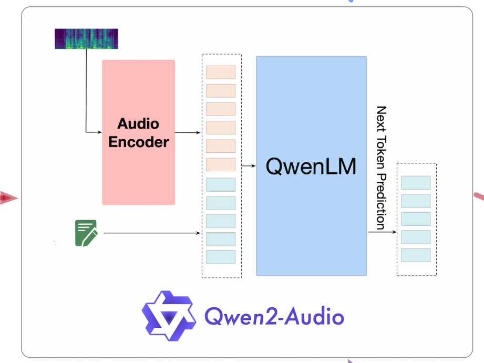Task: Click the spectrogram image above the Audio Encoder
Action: click(x=86, y=39)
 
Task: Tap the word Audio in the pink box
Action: click(x=138, y=125)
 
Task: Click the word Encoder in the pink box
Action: click(x=138, y=142)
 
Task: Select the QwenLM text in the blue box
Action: click(x=311, y=167)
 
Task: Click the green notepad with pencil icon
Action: click(x=86, y=233)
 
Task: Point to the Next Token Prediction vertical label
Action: click(x=381, y=167)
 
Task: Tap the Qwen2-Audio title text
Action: click(x=274, y=316)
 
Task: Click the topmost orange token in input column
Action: click(x=221, y=72)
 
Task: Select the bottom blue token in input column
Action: click(x=221, y=257)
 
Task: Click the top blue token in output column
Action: click(x=416, y=183)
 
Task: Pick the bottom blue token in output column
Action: click(x=416, y=255)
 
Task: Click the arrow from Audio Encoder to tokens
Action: click(x=188, y=132)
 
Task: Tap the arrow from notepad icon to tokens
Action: click(x=152, y=233)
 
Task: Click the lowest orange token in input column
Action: click(x=221, y=164)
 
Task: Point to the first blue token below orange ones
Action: click(x=221, y=184)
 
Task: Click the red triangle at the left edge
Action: click(x=7, y=198)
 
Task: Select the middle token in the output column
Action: click(x=416, y=219)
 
